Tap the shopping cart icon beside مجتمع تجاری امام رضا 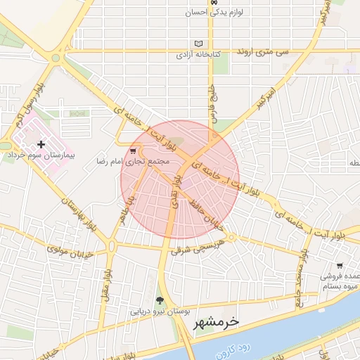pyautogui.click(x=134, y=151)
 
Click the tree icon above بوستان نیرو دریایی pyautogui.click(x=161, y=300)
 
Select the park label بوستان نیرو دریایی pyautogui.click(x=158, y=311)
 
